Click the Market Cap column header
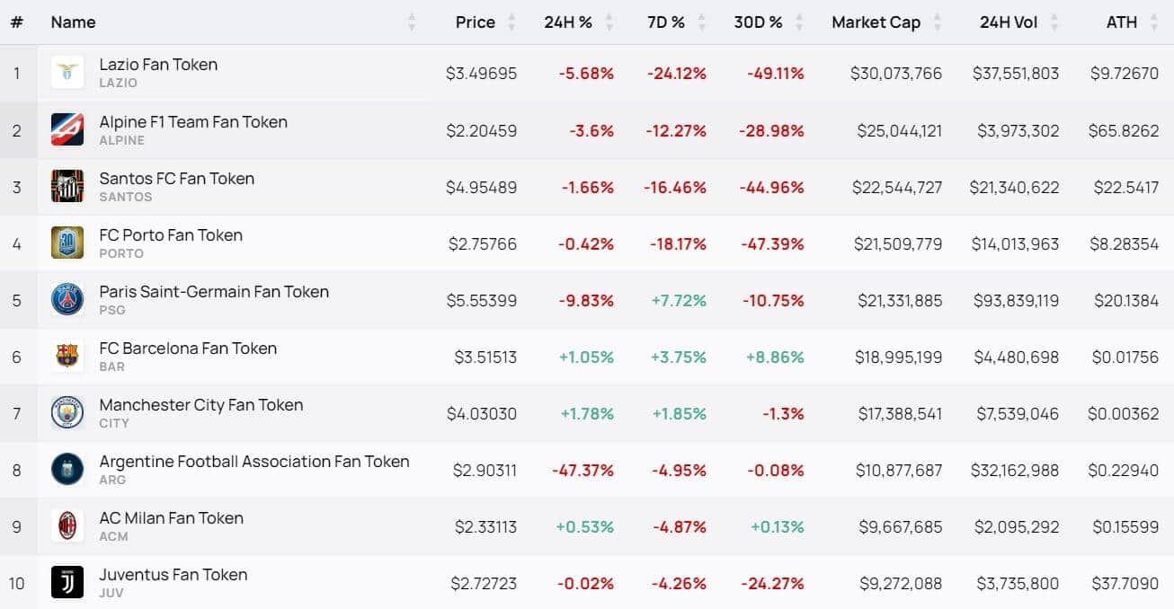point(876,22)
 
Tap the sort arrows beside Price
point(511,22)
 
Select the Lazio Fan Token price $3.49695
point(481,74)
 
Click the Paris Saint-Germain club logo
point(67,300)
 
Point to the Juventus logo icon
point(67,582)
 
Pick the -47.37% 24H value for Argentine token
point(583,471)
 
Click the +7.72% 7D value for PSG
point(678,301)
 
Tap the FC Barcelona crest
point(67,356)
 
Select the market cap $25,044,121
point(899,130)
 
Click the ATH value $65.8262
point(1123,130)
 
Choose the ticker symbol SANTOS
point(126,197)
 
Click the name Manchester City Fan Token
point(201,405)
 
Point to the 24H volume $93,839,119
point(1017,301)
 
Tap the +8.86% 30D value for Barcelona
point(775,357)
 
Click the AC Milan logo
point(67,525)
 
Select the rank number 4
point(17,244)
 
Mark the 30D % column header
point(758,22)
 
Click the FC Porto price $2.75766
point(482,244)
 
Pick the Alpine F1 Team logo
point(67,129)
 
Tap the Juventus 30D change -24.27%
point(772,583)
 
